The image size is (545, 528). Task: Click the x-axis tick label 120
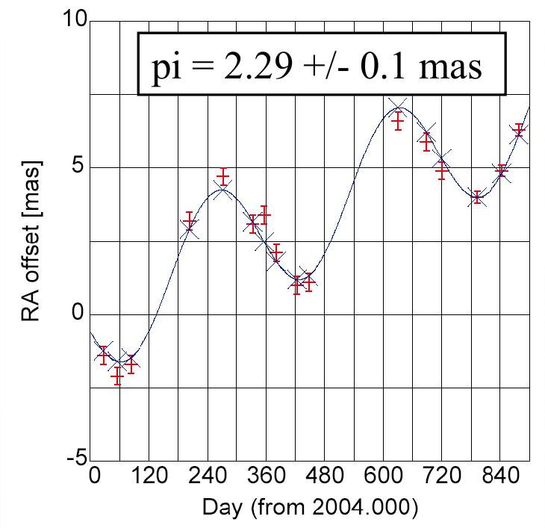click(150, 476)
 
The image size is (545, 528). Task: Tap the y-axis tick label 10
click(74, 20)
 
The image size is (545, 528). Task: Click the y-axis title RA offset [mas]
click(31, 240)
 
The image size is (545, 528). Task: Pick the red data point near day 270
click(223, 177)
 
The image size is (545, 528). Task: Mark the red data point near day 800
click(477, 198)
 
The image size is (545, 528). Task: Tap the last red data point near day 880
click(519, 131)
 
